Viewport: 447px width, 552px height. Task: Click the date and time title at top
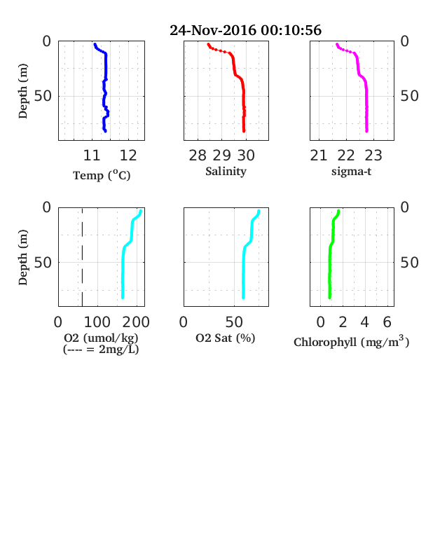pos(245,30)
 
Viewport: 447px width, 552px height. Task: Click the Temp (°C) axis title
pos(102,175)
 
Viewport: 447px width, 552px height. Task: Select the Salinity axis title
pos(226,172)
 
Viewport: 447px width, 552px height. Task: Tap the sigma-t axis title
pos(351,172)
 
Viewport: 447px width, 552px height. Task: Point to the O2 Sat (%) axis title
pos(226,338)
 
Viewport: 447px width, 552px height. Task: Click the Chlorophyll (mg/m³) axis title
pos(351,341)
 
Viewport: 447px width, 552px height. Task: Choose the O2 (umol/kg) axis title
pos(101,338)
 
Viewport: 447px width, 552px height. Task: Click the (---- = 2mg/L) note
pos(101,350)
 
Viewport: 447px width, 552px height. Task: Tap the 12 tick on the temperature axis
pos(128,156)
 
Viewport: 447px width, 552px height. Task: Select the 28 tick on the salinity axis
pos(198,156)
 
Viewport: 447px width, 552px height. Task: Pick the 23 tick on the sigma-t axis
pos(373,156)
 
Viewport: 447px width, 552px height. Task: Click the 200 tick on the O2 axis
pos(136,322)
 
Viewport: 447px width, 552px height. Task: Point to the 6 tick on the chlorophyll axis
pos(387,322)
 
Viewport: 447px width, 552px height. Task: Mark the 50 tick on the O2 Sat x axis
pos(234,322)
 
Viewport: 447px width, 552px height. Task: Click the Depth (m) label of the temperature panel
pos(22,91)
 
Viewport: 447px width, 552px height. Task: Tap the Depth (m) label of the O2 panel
pos(22,257)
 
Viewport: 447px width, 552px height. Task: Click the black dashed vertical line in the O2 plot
pos(83,257)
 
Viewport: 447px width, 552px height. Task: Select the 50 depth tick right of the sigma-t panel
pos(409,96)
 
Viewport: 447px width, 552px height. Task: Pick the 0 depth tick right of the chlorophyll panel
pos(405,207)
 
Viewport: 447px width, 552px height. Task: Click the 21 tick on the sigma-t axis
pos(319,156)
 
